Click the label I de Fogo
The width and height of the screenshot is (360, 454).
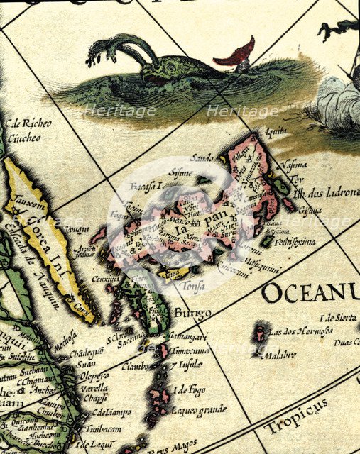[x=190, y=389]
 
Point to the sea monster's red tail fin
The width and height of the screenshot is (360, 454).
[x=239, y=54]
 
